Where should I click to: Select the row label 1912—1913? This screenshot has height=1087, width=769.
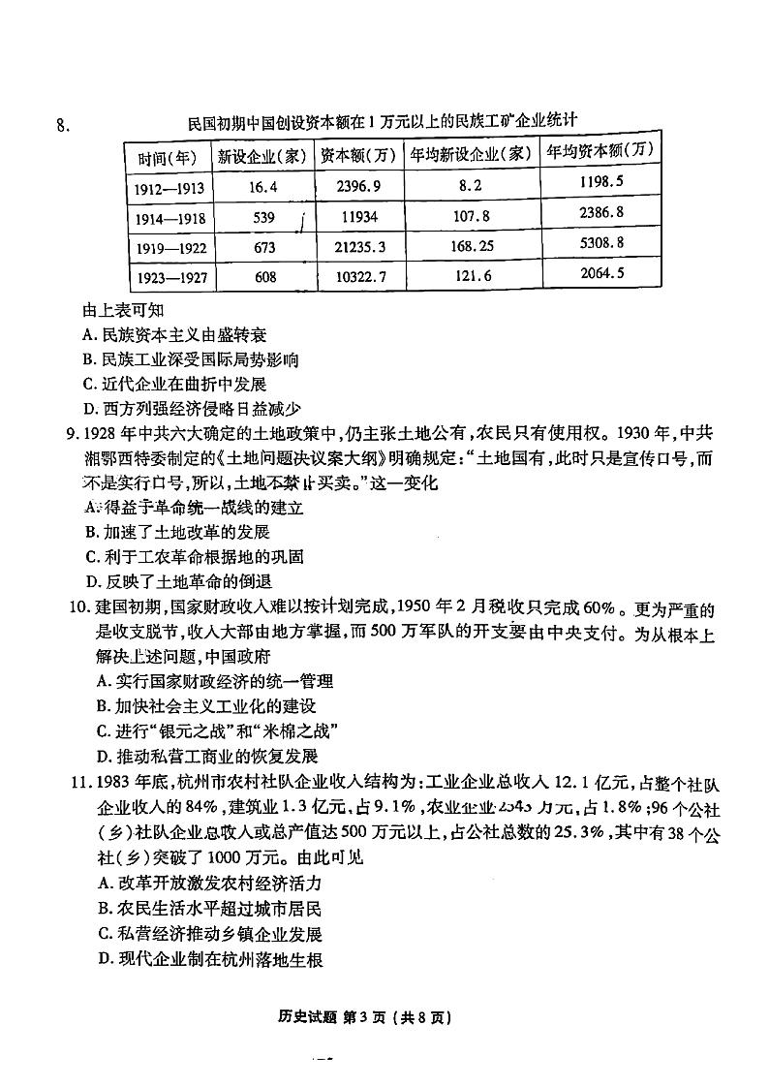pyautogui.click(x=166, y=187)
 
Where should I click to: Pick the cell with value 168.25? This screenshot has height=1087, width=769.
pyautogui.click(x=472, y=246)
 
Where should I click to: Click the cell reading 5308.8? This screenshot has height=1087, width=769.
pyautogui.click(x=599, y=242)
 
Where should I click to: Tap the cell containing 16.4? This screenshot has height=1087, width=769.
pyautogui.click(x=262, y=186)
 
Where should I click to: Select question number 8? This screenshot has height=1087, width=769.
pyautogui.click(x=63, y=123)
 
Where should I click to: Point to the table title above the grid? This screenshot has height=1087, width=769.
pyautogui.click(x=383, y=122)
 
